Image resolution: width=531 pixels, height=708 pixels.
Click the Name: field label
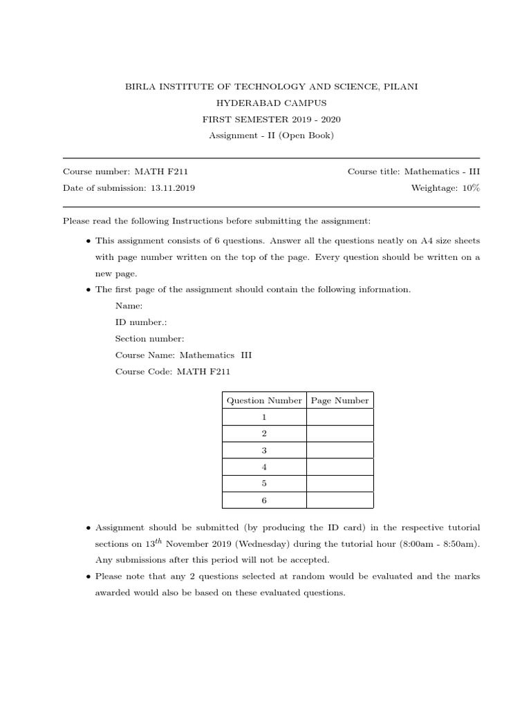[129, 305]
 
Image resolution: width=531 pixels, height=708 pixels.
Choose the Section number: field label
[149, 338]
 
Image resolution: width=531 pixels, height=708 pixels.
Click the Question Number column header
[264, 400]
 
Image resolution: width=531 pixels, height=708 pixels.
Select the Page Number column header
[339, 400]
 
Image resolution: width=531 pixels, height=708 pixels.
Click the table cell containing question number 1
[264, 417]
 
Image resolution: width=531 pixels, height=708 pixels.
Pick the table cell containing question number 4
[264, 467]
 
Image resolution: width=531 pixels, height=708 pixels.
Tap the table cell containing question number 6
[264, 500]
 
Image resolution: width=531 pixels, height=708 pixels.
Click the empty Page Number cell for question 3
[339, 450]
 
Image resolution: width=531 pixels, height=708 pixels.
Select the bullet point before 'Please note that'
[88, 577]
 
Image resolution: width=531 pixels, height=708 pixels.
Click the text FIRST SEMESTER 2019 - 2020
[271, 119]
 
